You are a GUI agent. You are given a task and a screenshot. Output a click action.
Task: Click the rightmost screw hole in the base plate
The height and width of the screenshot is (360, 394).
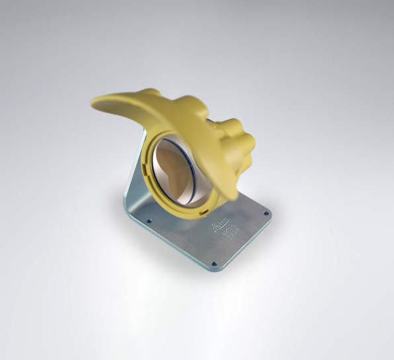point(265,213)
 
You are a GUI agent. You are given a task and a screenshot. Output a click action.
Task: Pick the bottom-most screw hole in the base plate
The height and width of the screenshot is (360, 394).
point(214,263)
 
